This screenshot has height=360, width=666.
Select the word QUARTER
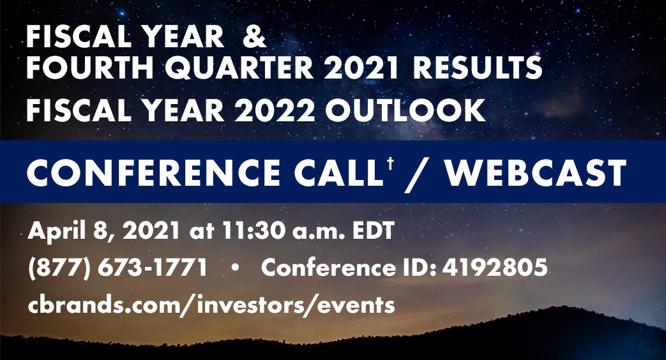tap(239, 68)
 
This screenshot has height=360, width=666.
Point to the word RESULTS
tap(478, 68)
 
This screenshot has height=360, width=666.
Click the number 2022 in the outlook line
tap(275, 110)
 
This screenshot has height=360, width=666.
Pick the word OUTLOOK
tap(405, 110)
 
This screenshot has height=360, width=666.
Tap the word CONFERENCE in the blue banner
tap(153, 172)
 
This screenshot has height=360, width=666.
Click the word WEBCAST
tap(535, 172)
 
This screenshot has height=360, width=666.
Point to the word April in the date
tap(56, 232)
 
